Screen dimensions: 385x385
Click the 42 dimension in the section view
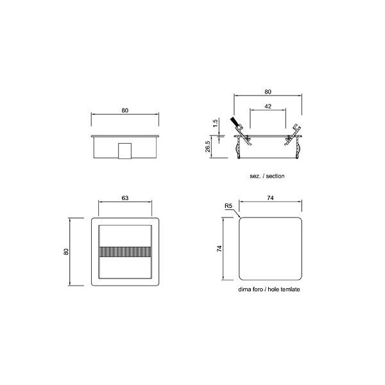268,106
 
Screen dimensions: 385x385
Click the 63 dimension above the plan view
125,199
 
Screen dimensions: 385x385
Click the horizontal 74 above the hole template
270,199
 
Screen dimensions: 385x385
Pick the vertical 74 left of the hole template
218,248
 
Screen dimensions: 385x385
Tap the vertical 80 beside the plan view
66,252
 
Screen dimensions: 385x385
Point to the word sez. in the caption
254,175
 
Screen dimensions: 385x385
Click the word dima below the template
244,290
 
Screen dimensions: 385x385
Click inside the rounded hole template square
270,249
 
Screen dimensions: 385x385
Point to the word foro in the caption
258,290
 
